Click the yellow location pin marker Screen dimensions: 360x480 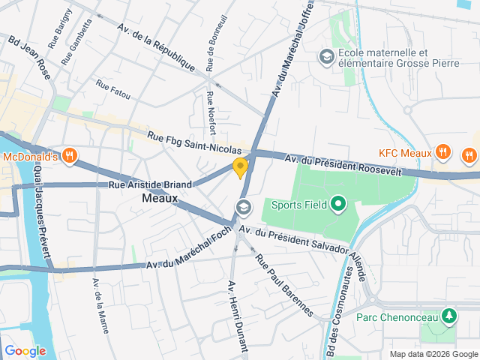pos(240,168)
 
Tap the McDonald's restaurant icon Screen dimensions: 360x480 pos(70,156)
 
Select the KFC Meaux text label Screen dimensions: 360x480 pos(405,153)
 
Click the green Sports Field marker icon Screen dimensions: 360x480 pos(337,203)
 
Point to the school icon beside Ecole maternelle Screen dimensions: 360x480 pos(326,56)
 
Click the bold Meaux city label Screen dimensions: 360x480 pos(160,199)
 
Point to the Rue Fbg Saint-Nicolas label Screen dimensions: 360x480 pos(194,142)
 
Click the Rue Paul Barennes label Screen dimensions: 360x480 pos(283,286)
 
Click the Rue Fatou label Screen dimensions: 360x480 pos(112,90)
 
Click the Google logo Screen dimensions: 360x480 pos(25,350)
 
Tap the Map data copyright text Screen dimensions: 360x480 pos(433,354)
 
